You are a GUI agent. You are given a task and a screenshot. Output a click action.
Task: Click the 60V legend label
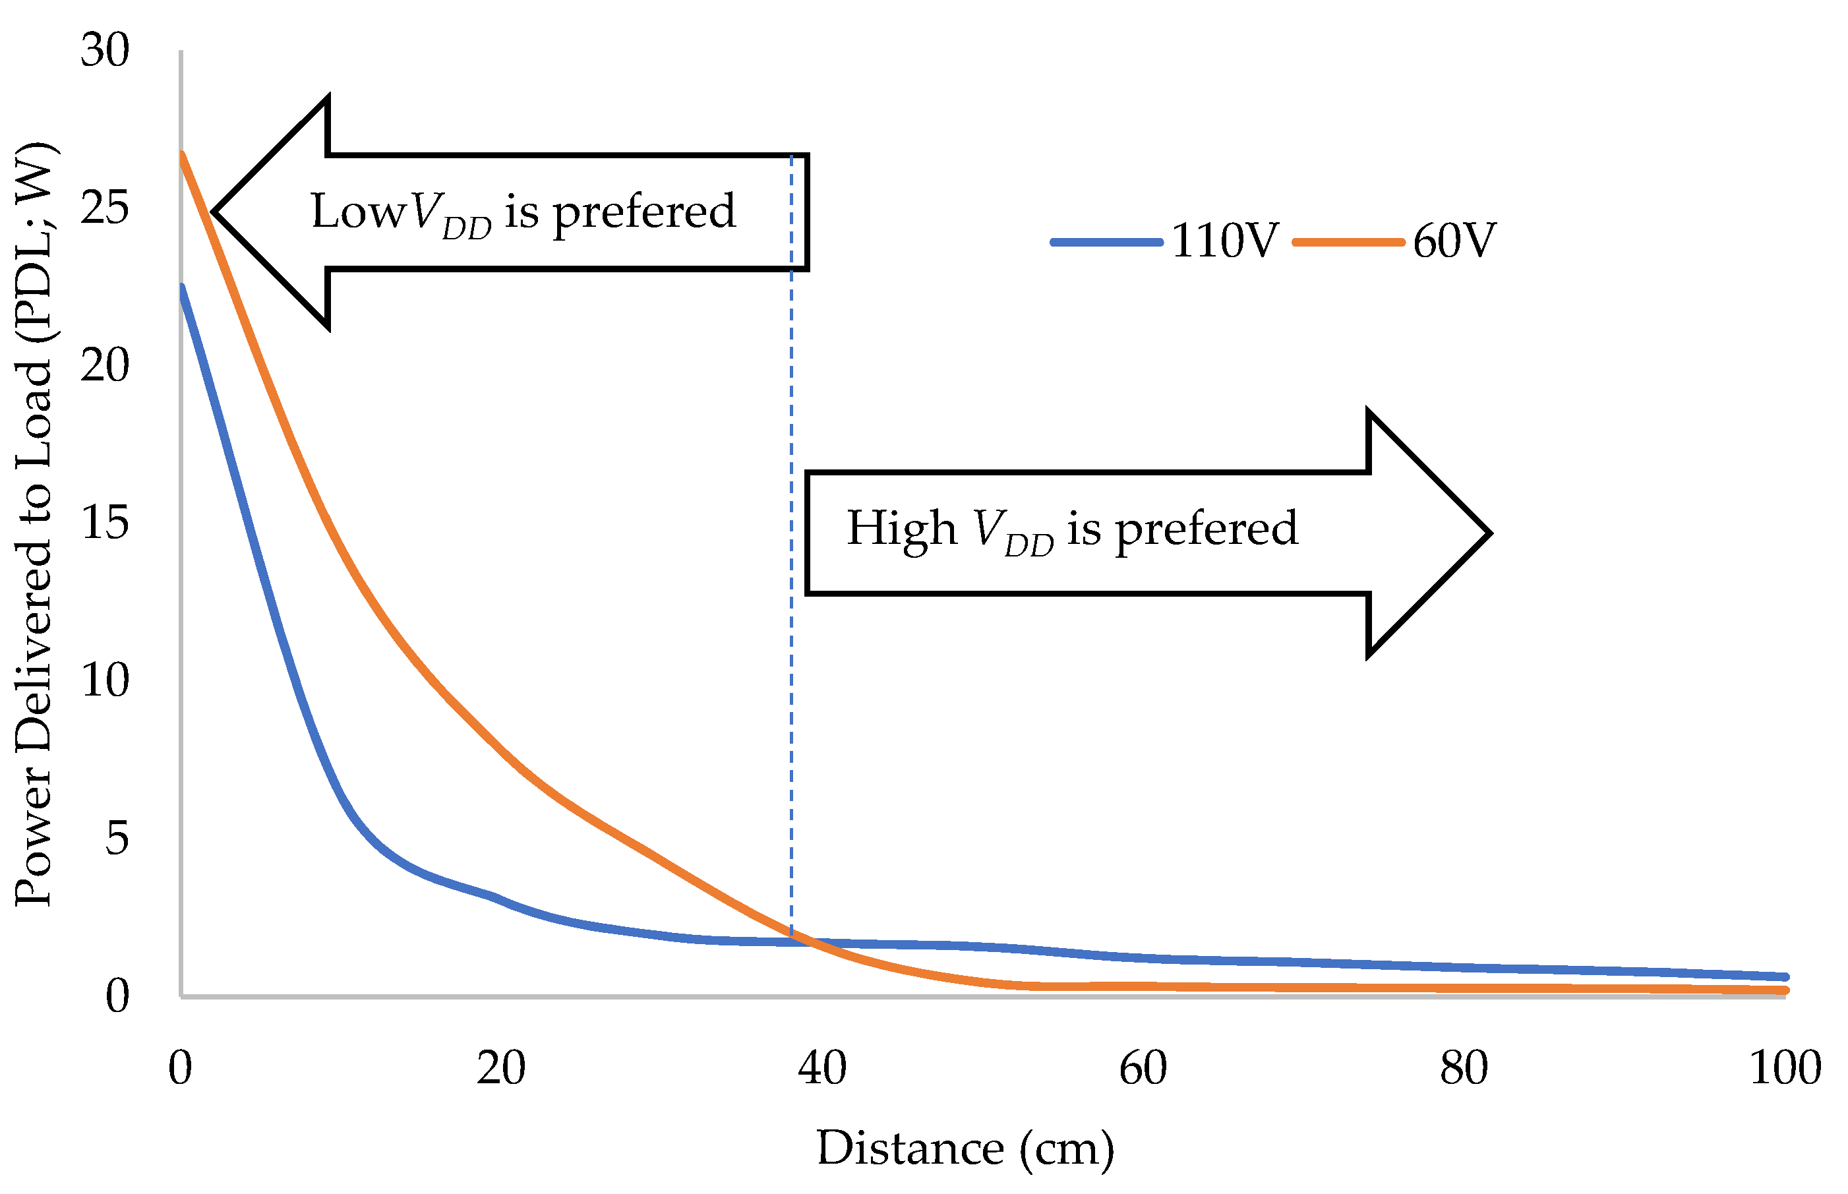pyautogui.click(x=1454, y=241)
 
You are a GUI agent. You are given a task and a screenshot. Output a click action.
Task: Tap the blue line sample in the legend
pyautogui.click(x=1106, y=243)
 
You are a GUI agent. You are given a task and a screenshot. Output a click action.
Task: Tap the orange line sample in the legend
pyautogui.click(x=1348, y=243)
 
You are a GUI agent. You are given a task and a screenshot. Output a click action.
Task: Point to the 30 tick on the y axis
pyautogui.click(x=105, y=51)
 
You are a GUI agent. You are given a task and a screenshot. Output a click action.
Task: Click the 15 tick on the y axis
pyautogui.click(x=105, y=523)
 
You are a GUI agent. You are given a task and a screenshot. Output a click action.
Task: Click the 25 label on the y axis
pyautogui.click(x=105, y=208)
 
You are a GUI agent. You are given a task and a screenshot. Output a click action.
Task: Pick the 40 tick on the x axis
pyautogui.click(x=821, y=1068)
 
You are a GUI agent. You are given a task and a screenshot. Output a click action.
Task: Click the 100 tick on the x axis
pyautogui.click(x=1785, y=1068)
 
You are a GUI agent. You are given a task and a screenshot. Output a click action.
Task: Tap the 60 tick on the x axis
pyautogui.click(x=1143, y=1068)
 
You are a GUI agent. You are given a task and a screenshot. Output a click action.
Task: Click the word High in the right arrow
pyautogui.click(x=901, y=528)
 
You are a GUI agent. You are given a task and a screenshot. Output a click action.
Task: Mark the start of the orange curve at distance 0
pyautogui.click(x=182, y=154)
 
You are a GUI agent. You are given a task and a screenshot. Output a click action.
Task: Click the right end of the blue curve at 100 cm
pyautogui.click(x=1785, y=977)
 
